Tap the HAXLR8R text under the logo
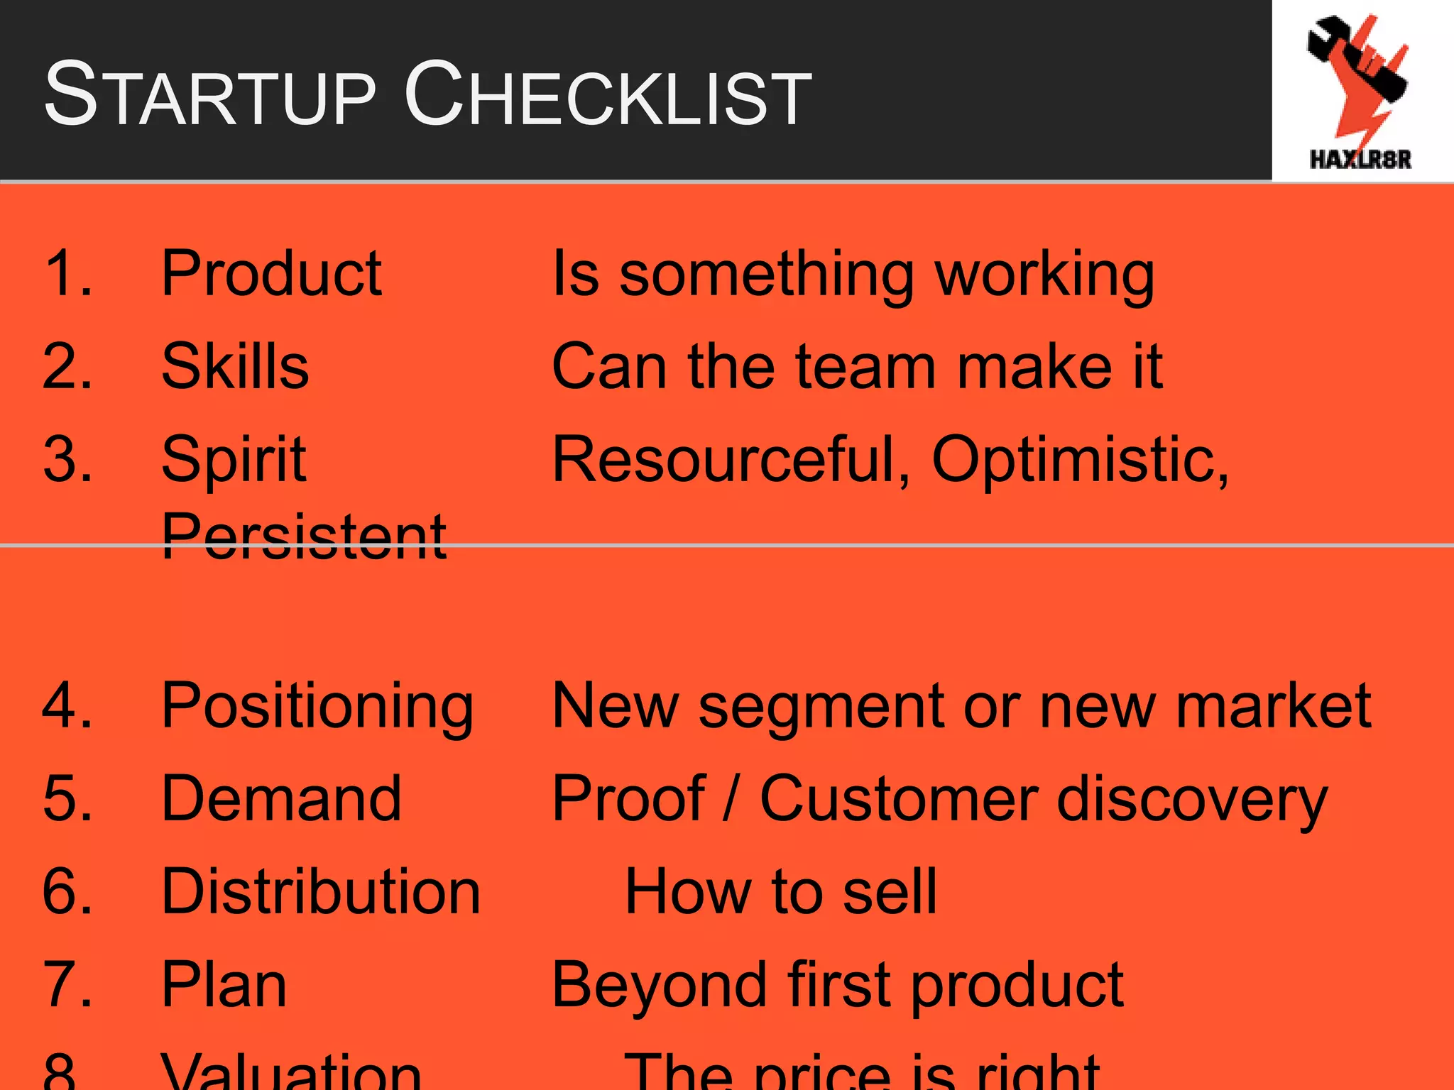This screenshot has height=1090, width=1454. pos(1360,159)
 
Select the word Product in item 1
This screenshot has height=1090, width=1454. pos(271,274)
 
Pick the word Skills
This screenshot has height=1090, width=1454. pos(235,367)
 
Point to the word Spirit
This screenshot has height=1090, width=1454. pos(234,460)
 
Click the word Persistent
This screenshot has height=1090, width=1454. pos(304,536)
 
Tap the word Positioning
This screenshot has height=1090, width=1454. pos(317,706)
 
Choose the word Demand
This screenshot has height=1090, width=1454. pos(281,799)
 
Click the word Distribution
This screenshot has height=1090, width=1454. pos(321,892)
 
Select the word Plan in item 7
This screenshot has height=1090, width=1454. pos(224,985)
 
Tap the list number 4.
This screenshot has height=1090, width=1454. pos(67,706)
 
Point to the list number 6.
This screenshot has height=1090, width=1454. pos(67,892)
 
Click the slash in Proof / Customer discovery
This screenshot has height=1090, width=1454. pos(731,799)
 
